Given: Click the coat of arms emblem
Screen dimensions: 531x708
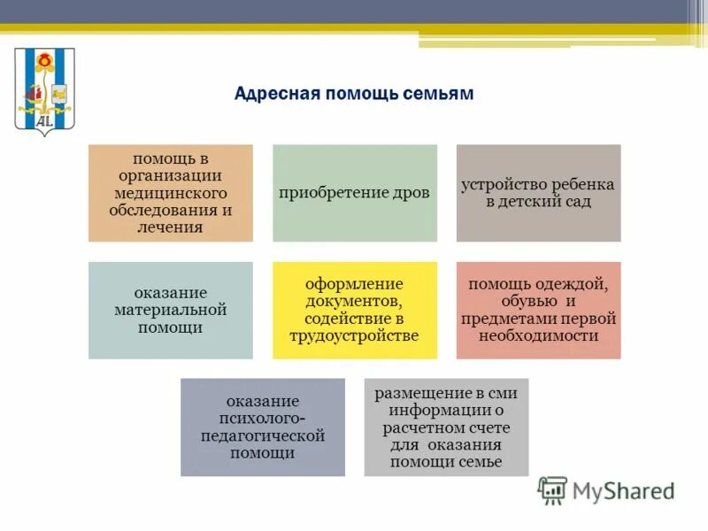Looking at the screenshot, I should pyautogui.click(x=45, y=92).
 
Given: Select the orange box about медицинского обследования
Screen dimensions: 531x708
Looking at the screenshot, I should pyautogui.click(x=170, y=193).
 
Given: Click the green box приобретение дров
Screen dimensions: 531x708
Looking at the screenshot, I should pyautogui.click(x=354, y=193).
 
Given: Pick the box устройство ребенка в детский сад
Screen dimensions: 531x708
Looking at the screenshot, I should pyautogui.click(x=538, y=193).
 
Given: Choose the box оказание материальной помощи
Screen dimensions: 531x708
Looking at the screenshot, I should pyautogui.click(x=170, y=310).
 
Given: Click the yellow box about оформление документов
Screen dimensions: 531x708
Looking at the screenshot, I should pyautogui.click(x=354, y=310).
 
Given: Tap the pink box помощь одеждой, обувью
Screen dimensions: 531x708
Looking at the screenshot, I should pyautogui.click(x=538, y=310).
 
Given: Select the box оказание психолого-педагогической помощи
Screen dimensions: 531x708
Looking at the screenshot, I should pyautogui.click(x=262, y=427).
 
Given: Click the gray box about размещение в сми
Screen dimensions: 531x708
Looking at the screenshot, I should pyautogui.click(x=446, y=427).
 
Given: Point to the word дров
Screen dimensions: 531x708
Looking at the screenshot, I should pyautogui.click(x=412, y=193).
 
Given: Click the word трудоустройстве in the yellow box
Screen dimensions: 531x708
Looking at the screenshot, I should pyautogui.click(x=354, y=335).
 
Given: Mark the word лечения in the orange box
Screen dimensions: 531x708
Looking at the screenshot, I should pyautogui.click(x=170, y=227).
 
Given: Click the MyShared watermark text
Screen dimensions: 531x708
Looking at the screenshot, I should pyautogui.click(x=623, y=491).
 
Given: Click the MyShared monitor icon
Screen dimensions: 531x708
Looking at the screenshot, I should pyautogui.click(x=552, y=489).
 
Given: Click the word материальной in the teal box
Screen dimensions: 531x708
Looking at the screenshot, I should pyautogui.click(x=170, y=310).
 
